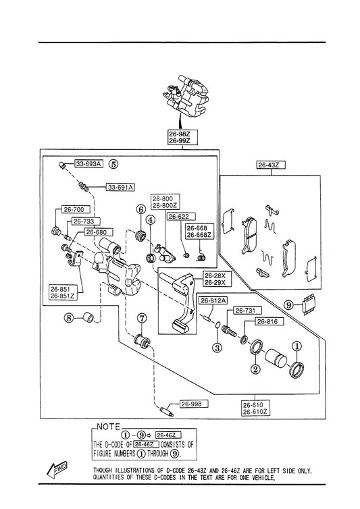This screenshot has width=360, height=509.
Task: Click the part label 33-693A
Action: tap(88, 164)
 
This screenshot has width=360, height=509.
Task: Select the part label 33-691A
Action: tap(120, 187)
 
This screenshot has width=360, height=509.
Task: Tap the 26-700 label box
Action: tap(74, 210)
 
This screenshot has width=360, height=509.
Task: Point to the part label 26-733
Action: tap(84, 221)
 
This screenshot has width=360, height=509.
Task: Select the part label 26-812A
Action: tap(213, 300)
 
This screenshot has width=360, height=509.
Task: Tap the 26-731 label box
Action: tap(246, 311)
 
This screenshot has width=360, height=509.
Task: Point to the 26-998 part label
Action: tap(194, 404)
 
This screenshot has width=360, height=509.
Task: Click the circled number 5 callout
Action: tap(113, 164)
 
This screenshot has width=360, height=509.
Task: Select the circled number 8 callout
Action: tap(69, 318)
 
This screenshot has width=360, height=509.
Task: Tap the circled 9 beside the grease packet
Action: tap(288, 305)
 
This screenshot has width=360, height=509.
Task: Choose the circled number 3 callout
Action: tap(217, 348)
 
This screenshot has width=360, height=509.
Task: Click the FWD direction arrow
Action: tap(57, 469)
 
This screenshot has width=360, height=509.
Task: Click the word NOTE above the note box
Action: tap(109, 427)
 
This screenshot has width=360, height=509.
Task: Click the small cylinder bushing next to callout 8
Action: tap(88, 317)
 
